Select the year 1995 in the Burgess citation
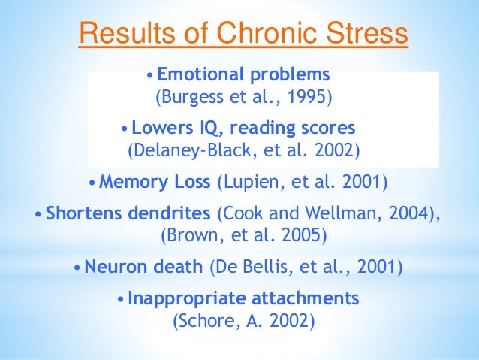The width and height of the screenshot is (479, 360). point(312,98)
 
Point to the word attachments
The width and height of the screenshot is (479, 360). point(298,298)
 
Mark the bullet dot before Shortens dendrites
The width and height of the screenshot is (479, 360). point(39,214)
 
